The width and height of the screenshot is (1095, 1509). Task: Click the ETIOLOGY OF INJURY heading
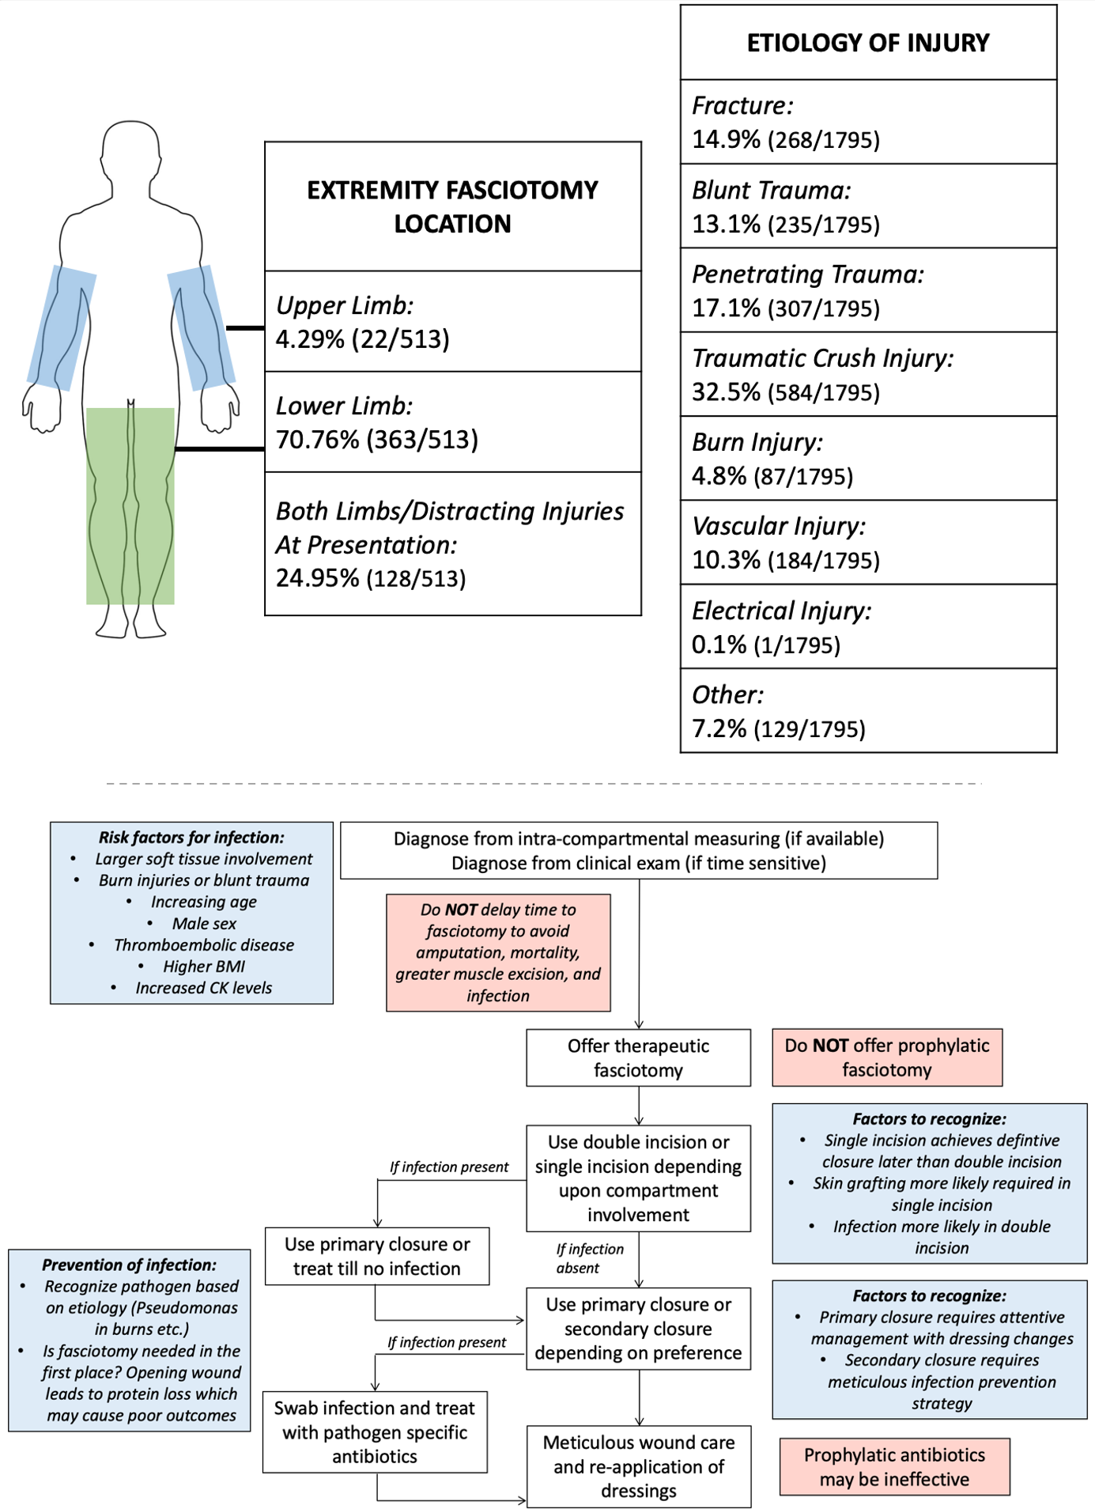click(868, 43)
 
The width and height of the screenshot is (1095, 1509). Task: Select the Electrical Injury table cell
click(868, 626)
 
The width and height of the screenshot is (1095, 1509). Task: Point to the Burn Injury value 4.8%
click(719, 476)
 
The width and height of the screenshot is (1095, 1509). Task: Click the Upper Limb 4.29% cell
click(453, 321)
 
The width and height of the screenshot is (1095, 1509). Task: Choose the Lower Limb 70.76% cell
click(453, 422)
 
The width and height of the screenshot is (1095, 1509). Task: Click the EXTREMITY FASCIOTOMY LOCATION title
click(453, 206)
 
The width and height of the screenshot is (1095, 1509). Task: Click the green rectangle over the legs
click(130, 506)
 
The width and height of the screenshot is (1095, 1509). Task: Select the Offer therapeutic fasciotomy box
click(639, 1057)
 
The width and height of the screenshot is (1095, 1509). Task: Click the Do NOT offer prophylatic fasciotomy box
click(887, 1057)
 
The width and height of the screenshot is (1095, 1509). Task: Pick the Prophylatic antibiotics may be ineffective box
click(895, 1466)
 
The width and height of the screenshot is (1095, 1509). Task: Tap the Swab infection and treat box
click(375, 1432)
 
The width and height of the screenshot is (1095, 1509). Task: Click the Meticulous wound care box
click(639, 1466)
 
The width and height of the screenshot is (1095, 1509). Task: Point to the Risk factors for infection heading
click(191, 838)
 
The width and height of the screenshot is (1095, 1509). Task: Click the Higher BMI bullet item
click(204, 966)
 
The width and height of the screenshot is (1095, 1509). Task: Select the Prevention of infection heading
click(129, 1265)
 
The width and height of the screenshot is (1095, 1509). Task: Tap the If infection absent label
click(589, 1258)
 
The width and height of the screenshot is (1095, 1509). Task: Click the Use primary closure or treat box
click(377, 1256)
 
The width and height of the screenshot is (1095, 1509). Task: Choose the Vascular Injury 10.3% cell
click(868, 543)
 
